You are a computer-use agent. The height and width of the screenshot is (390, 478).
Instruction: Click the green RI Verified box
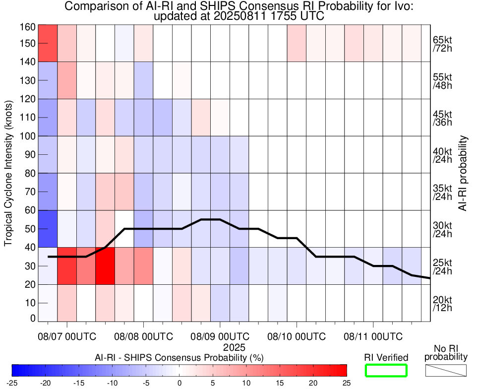pyautogui.click(x=386, y=370)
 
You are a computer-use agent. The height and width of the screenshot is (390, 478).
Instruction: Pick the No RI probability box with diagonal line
pyautogui.click(x=446, y=370)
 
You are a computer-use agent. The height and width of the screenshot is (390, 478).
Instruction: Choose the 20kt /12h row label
pyautogui.click(x=442, y=303)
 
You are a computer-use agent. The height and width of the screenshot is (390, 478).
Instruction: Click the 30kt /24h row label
pyautogui.click(x=442, y=229)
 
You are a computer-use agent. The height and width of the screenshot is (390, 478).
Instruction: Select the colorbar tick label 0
pyautogui.click(x=179, y=383)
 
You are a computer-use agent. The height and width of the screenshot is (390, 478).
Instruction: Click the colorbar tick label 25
pyautogui.click(x=346, y=383)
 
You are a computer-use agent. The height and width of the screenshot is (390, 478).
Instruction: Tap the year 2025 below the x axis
pyautogui.click(x=234, y=347)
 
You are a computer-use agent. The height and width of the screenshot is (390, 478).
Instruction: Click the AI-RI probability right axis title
pyautogui.click(x=464, y=173)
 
